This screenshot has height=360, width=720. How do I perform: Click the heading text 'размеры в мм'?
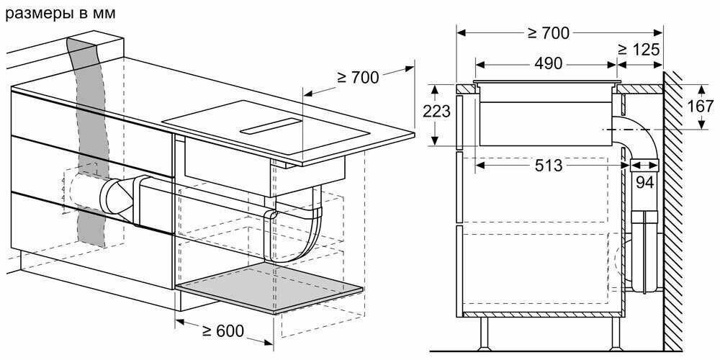coord(59,12)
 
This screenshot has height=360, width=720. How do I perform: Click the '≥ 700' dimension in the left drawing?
coord(358,77)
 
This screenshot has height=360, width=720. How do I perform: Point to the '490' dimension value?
coord(548,63)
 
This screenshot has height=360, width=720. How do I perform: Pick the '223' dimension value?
coord(437,112)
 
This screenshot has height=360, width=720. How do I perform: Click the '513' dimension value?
coord(549,166)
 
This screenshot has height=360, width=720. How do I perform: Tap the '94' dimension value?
coord(644,183)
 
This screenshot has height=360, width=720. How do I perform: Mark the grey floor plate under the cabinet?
coord(270,288)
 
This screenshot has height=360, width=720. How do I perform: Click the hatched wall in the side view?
coord(672,209)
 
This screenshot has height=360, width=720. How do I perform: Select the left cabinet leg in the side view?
coord(484,333)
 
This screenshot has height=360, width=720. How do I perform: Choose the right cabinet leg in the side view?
coord(616,333)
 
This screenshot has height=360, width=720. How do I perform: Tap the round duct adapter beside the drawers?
coord(115,199)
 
